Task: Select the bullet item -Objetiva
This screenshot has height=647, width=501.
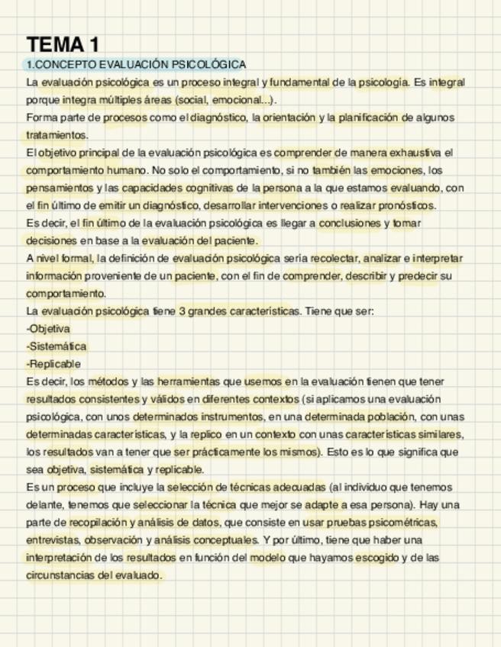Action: [48, 329]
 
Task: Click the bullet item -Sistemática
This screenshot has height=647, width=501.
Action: [57, 346]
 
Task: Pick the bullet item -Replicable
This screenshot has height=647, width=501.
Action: [53, 364]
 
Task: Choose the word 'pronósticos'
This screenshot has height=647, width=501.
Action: [406, 205]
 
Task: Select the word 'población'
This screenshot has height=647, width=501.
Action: [380, 417]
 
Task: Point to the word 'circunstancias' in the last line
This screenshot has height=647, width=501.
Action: [60, 575]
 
